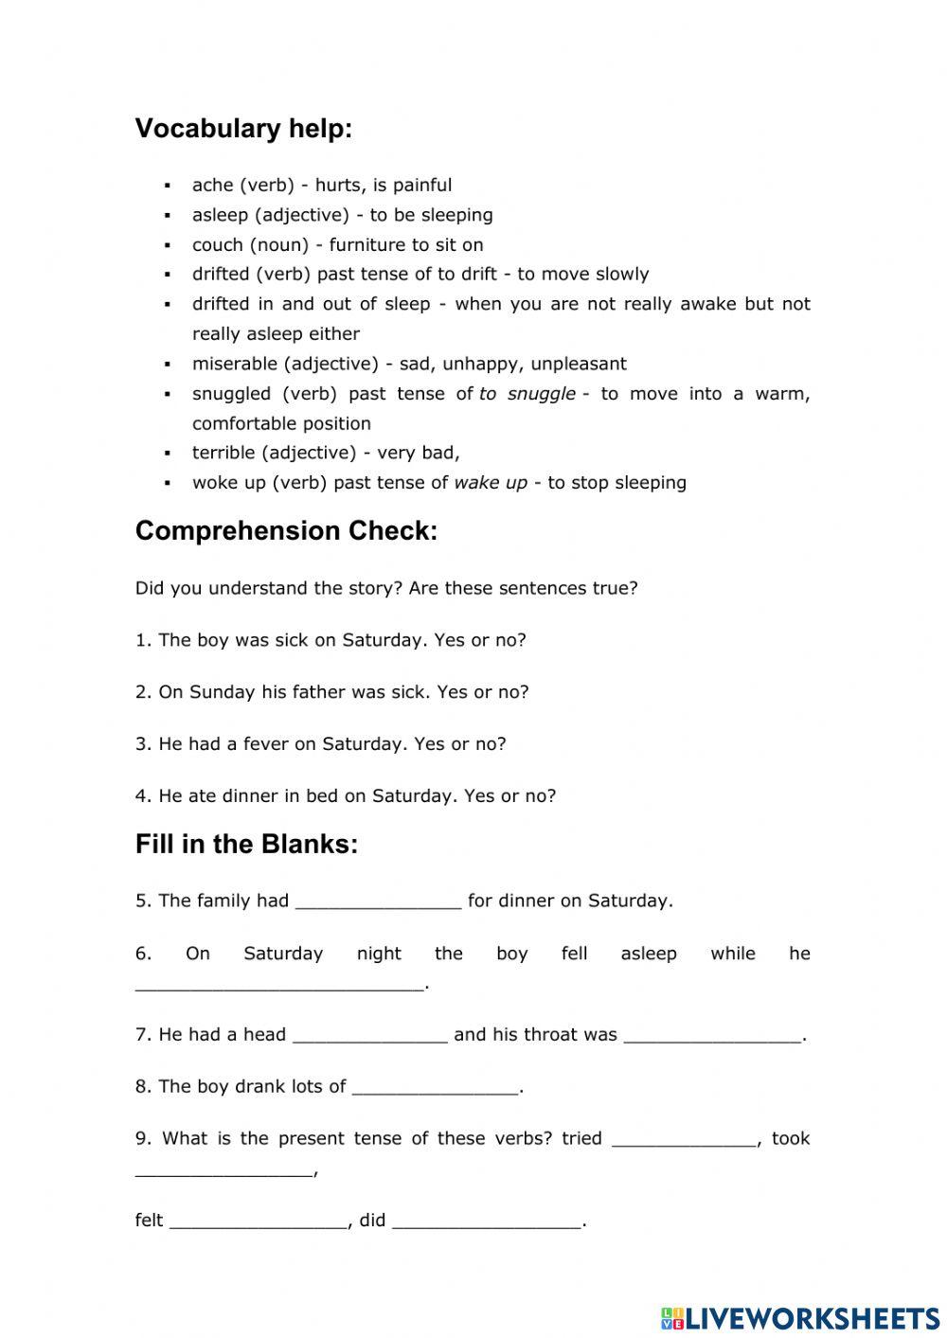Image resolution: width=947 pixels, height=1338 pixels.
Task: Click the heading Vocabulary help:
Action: click(x=243, y=129)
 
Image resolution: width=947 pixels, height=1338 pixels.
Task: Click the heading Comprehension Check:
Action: click(x=286, y=531)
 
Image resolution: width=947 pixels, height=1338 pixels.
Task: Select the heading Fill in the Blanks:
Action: click(x=246, y=845)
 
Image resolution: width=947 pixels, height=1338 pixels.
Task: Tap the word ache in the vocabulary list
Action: click(x=212, y=186)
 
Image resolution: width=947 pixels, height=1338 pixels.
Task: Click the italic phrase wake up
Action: click(x=491, y=483)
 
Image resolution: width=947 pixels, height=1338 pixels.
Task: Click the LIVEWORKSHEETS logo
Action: click(x=800, y=1317)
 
